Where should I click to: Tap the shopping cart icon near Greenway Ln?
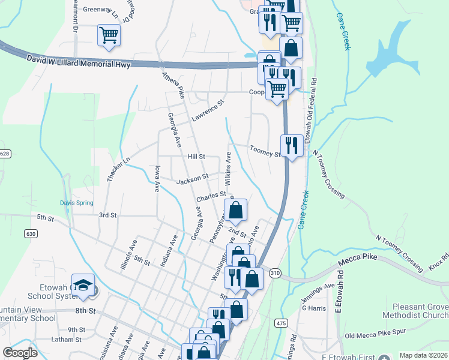pyautogui.click(x=109, y=35)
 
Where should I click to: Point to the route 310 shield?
pyautogui.click(x=275, y=272)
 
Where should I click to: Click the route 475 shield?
pyautogui.click(x=279, y=323)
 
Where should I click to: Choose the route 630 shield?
pyautogui.click(x=31, y=233)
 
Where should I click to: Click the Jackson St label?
pyautogui.click(x=192, y=177)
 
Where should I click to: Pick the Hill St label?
pyautogui.click(x=196, y=156)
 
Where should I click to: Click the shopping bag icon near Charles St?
pyautogui.click(x=236, y=211)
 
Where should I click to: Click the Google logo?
pyautogui.click(x=20, y=353)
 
